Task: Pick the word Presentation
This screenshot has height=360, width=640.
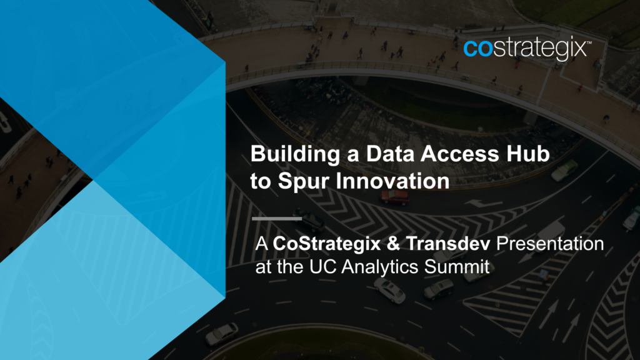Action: pyautogui.click(x=550, y=244)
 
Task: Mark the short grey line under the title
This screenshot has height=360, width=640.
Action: pyautogui.click(x=277, y=219)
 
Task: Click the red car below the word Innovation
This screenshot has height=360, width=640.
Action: pyautogui.click(x=394, y=197)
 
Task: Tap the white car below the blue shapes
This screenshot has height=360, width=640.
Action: pyautogui.click(x=222, y=334)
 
